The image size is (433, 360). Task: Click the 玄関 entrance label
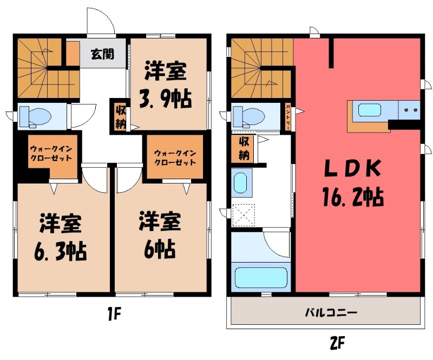102,54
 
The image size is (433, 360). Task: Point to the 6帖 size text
160,249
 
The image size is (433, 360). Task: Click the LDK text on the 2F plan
353,168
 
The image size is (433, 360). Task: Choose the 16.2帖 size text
353,197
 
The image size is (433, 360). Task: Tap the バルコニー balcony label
331,313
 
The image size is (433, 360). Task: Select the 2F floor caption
337,343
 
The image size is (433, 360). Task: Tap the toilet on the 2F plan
248,116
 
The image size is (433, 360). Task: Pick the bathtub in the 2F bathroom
261,277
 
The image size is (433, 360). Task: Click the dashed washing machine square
243,215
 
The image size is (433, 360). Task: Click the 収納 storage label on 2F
244,149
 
